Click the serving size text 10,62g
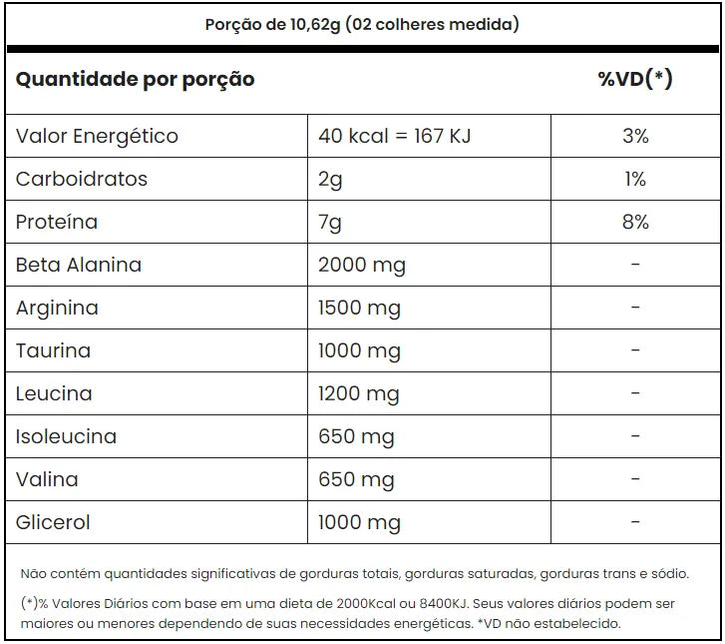point(315,25)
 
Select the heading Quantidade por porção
point(135,80)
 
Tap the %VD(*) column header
point(635,79)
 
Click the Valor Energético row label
point(97,137)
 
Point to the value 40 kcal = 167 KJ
point(394,136)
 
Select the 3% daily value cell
point(635,136)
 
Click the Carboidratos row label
point(82,179)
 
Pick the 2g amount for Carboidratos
point(330,180)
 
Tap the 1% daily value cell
point(635,179)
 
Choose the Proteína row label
point(57,222)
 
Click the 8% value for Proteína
point(635,223)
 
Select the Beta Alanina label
point(79,266)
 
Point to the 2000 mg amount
point(362,267)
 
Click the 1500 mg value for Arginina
point(359,309)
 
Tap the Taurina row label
point(53,350)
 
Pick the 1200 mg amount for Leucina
point(358,395)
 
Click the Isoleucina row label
point(66,436)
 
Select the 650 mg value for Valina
point(356,480)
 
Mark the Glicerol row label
point(53,523)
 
